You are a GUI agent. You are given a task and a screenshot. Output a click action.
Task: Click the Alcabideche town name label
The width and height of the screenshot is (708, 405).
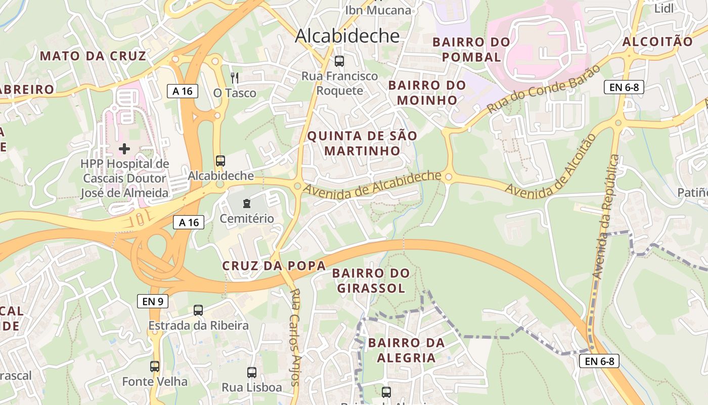click(347, 35)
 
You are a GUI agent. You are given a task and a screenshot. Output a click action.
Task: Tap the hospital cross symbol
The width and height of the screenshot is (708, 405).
click(124, 148)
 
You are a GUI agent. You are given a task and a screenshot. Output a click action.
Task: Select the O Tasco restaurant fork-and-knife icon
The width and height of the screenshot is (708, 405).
click(234, 77)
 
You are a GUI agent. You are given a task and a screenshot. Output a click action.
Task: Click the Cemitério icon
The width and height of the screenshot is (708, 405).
click(246, 204)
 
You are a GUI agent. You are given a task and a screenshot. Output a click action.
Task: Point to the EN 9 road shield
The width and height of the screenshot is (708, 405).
click(153, 301)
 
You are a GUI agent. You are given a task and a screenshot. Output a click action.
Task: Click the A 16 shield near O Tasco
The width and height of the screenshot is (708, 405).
click(183, 91)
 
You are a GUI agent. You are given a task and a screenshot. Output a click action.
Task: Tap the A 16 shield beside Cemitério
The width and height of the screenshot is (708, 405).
click(189, 222)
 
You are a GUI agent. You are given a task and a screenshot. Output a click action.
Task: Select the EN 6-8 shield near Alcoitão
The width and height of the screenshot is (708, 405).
click(624, 87)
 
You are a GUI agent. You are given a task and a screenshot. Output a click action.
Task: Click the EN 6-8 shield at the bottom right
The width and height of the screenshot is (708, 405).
click(599, 361)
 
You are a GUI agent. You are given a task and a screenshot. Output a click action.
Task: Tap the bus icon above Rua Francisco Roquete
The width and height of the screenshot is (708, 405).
click(339, 61)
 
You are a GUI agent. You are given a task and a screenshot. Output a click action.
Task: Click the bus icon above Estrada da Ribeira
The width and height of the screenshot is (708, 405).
click(198, 310)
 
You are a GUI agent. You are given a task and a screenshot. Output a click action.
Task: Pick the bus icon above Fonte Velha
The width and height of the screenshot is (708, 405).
click(155, 366)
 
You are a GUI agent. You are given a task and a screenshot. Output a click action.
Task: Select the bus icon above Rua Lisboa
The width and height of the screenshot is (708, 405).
click(252, 373)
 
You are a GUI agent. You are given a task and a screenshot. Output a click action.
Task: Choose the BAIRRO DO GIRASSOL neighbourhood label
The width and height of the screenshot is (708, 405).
click(371, 280)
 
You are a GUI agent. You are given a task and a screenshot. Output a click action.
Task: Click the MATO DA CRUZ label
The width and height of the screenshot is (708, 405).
click(93, 56)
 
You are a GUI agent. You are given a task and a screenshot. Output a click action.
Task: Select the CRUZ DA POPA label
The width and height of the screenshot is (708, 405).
click(274, 266)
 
